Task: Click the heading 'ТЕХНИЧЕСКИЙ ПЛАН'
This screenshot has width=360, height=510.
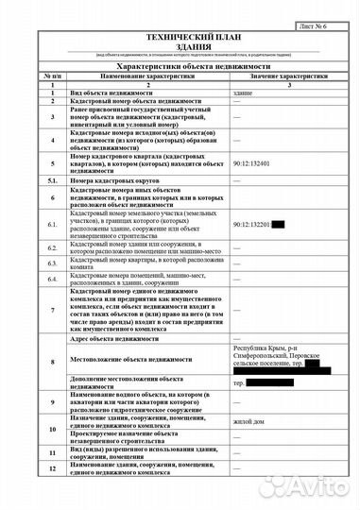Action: click(179, 35)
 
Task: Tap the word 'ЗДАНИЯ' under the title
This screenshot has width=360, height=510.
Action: click(179, 44)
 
